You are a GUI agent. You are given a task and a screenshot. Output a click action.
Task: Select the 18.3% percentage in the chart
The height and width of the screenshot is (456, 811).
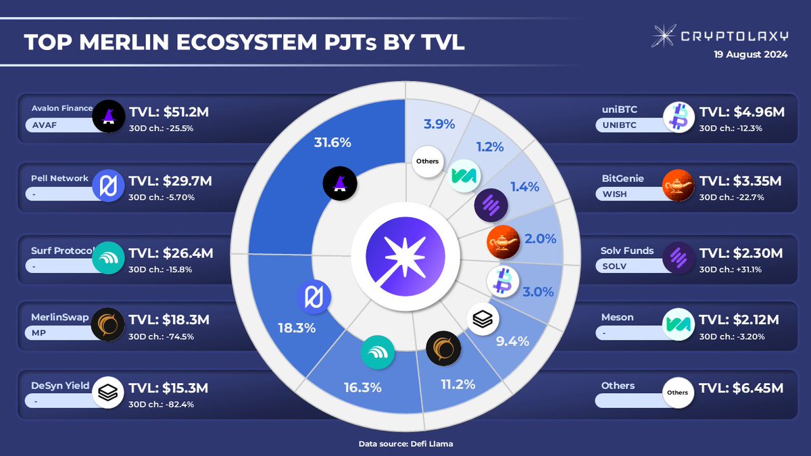[296, 329]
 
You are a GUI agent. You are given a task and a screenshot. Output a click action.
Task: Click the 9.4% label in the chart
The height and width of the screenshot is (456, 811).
[512, 341]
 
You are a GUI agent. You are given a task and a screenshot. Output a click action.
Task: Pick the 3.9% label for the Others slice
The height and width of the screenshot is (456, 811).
[439, 124]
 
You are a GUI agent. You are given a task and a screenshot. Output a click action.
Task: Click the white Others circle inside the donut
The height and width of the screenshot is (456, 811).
[428, 161]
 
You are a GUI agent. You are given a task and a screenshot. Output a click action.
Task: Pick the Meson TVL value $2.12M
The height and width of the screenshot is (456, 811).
[741, 318]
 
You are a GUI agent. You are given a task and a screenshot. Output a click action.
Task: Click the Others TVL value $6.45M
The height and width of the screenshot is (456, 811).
[741, 388]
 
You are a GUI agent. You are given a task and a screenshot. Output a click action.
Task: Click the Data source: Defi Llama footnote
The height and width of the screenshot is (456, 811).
[405, 444]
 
